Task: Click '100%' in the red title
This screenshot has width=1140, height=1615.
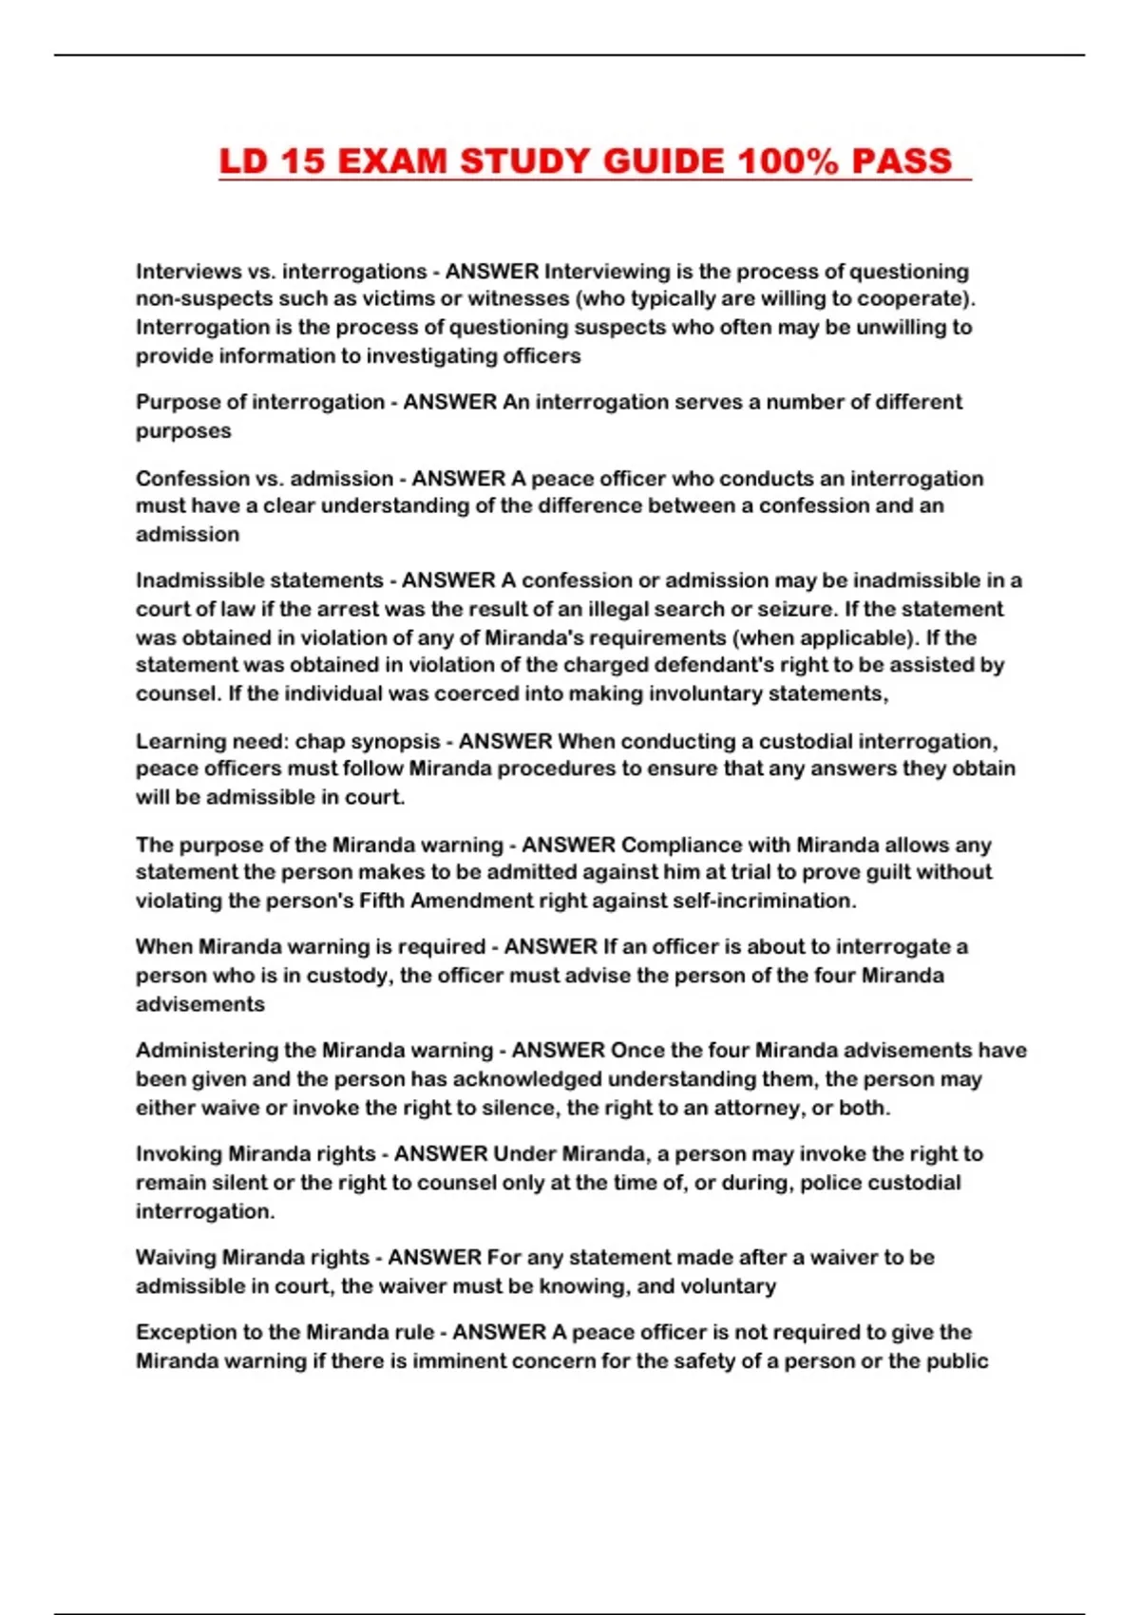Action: coord(788,161)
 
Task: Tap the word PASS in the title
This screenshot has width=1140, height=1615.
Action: coord(902,161)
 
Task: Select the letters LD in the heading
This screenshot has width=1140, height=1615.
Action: coord(244,161)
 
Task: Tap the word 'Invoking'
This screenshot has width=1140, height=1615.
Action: coord(179,1154)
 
